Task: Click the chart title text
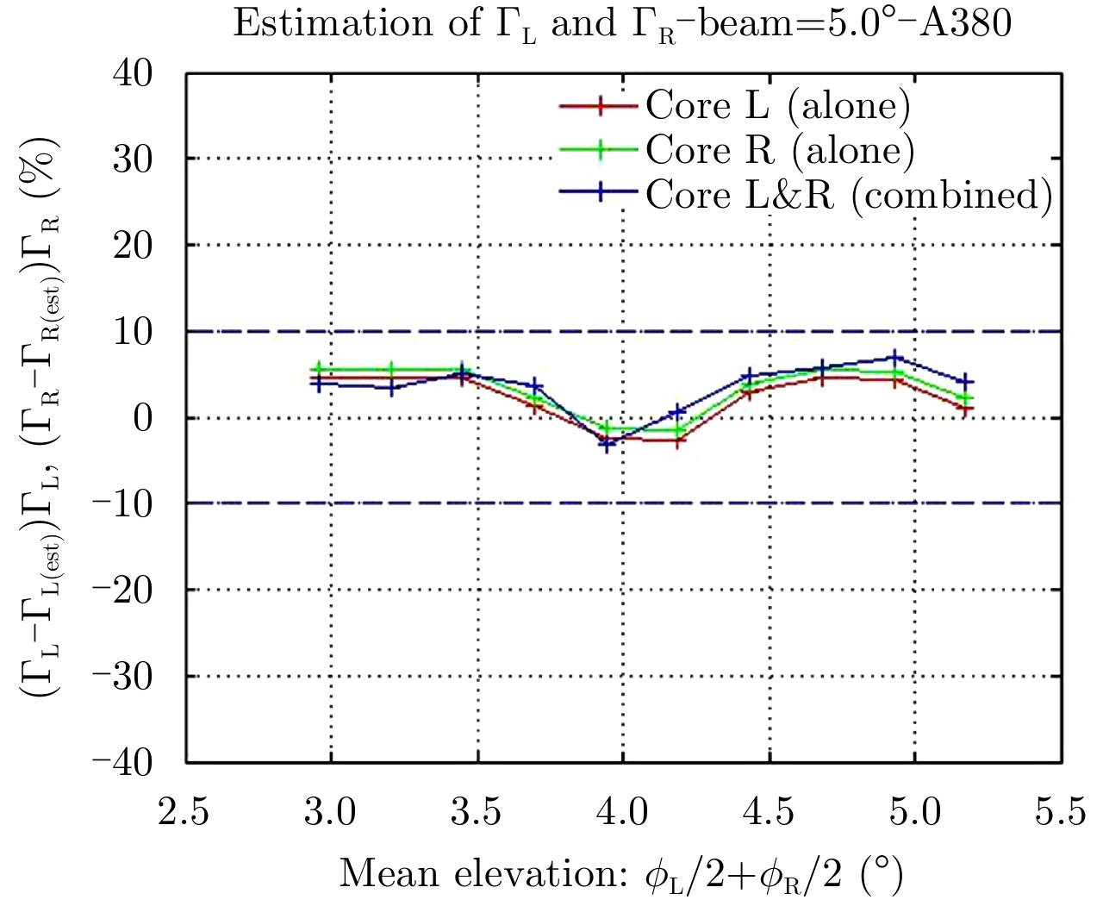coord(620,24)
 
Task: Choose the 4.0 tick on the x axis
coord(622,811)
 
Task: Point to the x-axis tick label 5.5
coord(1060,811)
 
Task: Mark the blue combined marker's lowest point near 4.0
coord(607,445)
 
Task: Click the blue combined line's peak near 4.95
coord(896,357)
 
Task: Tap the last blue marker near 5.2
coord(967,381)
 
